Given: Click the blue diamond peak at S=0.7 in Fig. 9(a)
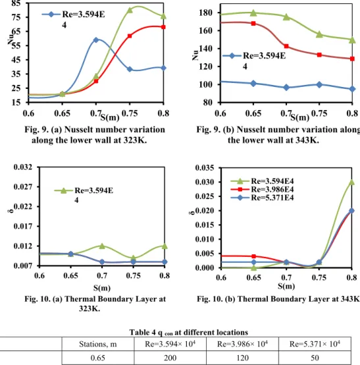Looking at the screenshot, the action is [96, 40].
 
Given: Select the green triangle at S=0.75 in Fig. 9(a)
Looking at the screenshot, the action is [130, 10].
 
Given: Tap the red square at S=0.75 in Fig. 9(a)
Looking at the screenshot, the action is [130, 36].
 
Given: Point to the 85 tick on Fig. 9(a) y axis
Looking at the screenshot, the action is [16, 3].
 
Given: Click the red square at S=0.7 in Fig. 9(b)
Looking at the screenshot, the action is [286, 46].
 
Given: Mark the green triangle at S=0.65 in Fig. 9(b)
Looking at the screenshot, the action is [253, 13].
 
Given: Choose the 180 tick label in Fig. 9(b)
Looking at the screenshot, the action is [206, 13].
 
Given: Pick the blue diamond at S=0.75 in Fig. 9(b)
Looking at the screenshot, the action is [319, 85].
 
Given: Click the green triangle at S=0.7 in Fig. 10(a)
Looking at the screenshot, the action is [102, 246].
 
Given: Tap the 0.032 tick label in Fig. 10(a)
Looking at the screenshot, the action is [23, 167].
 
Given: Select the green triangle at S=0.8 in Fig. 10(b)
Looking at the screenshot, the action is [351, 182].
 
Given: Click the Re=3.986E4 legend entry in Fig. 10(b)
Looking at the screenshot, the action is [263, 189].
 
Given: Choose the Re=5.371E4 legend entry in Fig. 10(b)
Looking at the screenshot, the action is [263, 198].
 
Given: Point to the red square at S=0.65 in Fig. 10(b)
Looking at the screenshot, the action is [254, 256].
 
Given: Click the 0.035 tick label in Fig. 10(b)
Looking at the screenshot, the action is [205, 167].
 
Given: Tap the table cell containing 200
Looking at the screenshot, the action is [170, 358].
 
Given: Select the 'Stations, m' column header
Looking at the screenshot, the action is [98, 344].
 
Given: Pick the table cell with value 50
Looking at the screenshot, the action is [315, 358].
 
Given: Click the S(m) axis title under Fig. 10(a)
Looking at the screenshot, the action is [102, 288].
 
